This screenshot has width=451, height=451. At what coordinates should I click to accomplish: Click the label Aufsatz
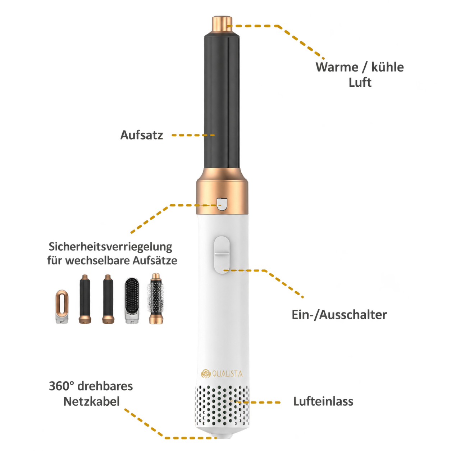pyautogui.click(x=142, y=135)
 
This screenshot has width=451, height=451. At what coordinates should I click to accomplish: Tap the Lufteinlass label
pyautogui.click(x=323, y=401)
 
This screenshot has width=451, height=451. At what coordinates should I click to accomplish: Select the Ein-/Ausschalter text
pyautogui.click(x=339, y=315)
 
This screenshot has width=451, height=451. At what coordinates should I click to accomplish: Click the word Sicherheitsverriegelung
pyautogui.click(x=110, y=247)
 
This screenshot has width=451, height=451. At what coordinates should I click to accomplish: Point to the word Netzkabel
pyautogui.click(x=91, y=402)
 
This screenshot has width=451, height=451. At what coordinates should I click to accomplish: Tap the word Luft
pyautogui.click(x=360, y=83)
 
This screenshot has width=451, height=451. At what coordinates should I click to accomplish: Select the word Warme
pyautogui.click(x=337, y=67)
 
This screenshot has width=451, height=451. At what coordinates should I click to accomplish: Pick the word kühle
pyautogui.click(x=388, y=67)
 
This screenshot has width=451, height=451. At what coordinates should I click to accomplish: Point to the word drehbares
pyautogui.click(x=105, y=386)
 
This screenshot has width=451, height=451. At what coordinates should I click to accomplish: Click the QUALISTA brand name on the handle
pyautogui.click(x=227, y=374)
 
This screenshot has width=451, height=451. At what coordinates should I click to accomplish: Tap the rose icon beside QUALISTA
pyautogui.click(x=206, y=374)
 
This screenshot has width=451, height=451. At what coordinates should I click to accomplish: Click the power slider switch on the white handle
pyautogui.click(x=222, y=255)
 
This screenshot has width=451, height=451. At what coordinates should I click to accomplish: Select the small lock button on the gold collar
pyautogui.click(x=222, y=204)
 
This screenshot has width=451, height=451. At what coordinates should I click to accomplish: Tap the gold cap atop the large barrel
pyautogui.click(x=222, y=24)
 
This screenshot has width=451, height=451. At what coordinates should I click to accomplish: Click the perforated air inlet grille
pyautogui.click(x=222, y=409)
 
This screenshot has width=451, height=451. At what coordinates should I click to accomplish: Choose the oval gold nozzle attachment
pyautogui.click(x=62, y=306)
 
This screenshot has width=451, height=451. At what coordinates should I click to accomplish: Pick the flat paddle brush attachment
pyautogui.click(x=132, y=300)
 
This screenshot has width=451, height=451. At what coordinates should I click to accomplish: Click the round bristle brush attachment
pyautogui.click(x=156, y=299)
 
